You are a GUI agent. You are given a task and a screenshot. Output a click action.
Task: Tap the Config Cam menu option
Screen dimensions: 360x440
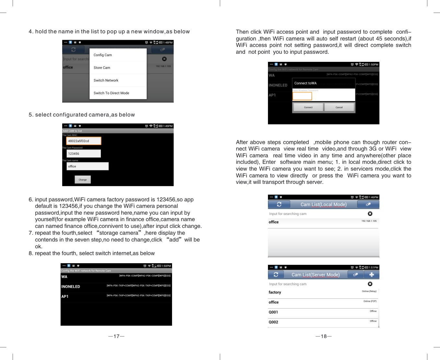[x=103, y=55]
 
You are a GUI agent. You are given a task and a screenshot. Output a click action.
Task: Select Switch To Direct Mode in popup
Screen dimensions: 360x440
[x=111, y=93]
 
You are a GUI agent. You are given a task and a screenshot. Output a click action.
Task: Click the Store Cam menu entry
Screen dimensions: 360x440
[x=102, y=68]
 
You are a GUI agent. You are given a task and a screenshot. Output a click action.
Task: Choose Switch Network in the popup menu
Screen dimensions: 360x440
[x=106, y=80]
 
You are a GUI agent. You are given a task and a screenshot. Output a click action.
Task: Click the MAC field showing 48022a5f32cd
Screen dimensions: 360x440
[x=84, y=141]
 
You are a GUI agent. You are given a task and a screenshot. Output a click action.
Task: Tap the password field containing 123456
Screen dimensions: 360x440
[x=84, y=153]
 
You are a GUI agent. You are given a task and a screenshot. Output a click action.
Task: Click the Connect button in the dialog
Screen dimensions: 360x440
[x=308, y=107]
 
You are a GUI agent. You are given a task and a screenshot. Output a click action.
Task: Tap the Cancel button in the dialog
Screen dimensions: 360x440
[x=339, y=107]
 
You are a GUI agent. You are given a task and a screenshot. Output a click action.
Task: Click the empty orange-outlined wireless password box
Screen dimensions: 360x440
[x=302, y=96]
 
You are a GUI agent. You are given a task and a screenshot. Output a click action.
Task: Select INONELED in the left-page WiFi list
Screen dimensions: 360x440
[x=71, y=287]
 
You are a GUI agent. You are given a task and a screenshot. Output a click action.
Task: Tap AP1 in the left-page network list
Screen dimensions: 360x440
[x=65, y=297]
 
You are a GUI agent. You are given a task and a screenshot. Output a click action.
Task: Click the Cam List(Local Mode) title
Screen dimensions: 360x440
[x=323, y=204]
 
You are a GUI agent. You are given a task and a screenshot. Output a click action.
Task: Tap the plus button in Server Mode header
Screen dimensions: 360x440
[x=371, y=275]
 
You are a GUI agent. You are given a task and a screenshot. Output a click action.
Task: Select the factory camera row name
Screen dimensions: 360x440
[x=275, y=292]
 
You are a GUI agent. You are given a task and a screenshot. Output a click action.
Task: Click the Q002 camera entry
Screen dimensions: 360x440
[x=273, y=322]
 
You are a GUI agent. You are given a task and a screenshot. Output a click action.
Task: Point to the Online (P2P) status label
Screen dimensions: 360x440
[x=370, y=301]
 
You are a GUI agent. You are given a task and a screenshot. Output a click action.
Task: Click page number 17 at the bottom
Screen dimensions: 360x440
[x=116, y=336]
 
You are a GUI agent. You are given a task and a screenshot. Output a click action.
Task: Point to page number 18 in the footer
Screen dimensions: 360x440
[x=323, y=336]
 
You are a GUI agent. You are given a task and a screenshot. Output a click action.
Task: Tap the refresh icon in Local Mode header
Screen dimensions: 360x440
[x=279, y=204]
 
